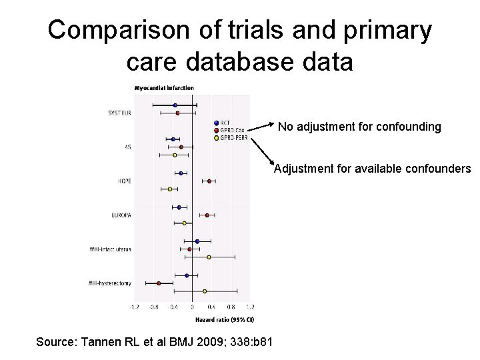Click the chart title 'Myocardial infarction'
[164, 88]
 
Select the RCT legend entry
[225, 123]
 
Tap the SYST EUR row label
[119, 113]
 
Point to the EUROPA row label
[121, 215]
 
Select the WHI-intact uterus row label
[111, 249]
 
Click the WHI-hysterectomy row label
[110, 283]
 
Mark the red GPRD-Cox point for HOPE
[209, 181]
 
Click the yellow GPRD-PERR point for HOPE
[170, 189]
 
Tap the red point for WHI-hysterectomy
[159, 283]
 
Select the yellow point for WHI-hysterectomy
[205, 291]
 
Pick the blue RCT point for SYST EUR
[175, 105]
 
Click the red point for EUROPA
[207, 215]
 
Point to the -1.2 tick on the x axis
[134, 307]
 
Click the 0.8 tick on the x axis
[230, 307]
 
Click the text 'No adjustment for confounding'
[359, 127]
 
